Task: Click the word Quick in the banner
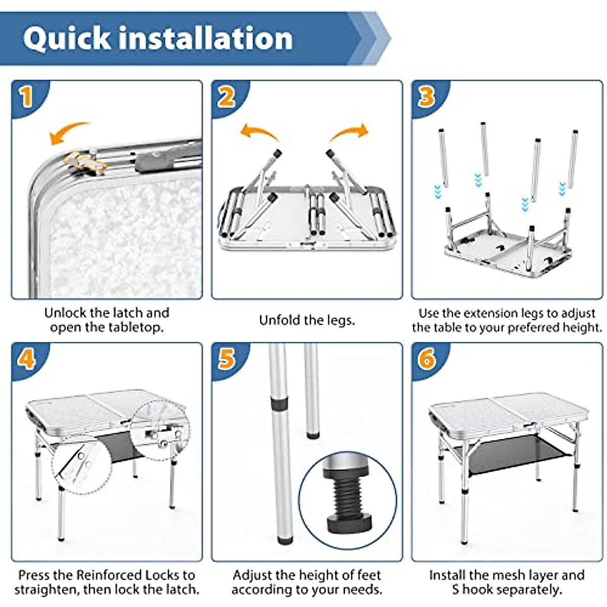coord(66,39)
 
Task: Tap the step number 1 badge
coord(26,97)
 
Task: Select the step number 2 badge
coord(227,97)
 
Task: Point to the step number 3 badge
coord(427,97)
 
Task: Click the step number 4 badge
coord(26,359)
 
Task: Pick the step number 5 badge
coord(227,359)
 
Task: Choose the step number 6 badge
coord(427,359)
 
